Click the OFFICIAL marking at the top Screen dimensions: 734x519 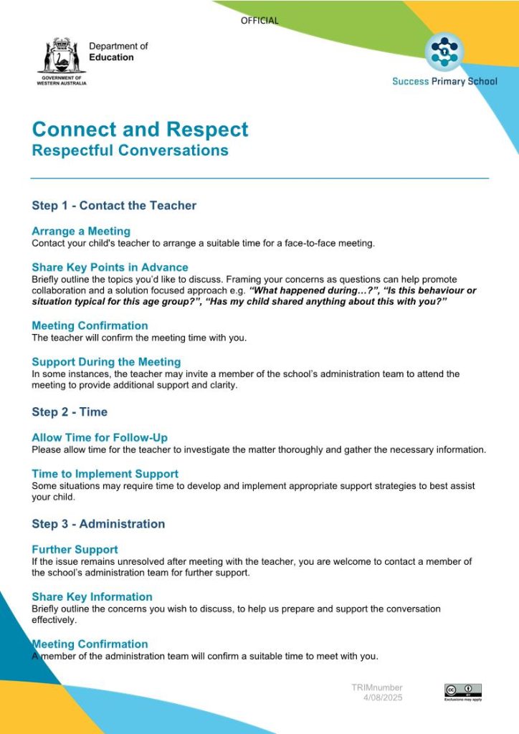click(259, 21)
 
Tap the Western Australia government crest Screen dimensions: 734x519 click(62, 55)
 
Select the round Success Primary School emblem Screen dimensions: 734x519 click(444, 52)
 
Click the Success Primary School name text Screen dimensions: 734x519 click(444, 81)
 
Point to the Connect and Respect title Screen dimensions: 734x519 click(141, 129)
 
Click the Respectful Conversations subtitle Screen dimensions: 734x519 click(130, 151)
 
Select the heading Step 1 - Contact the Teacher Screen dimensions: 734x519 click(114, 206)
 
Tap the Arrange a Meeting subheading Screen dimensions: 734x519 click(81, 232)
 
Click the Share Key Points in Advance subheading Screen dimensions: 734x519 click(110, 267)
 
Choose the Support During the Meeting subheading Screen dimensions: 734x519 click(106, 362)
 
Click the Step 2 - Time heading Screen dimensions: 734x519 click(70, 412)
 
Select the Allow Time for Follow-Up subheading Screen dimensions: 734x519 click(100, 438)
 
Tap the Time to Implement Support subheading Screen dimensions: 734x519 click(105, 474)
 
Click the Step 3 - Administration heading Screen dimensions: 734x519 click(98, 524)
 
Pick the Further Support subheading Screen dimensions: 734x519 click(75, 550)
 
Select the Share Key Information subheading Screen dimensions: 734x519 click(92, 597)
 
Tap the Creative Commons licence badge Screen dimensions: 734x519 click(462, 691)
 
